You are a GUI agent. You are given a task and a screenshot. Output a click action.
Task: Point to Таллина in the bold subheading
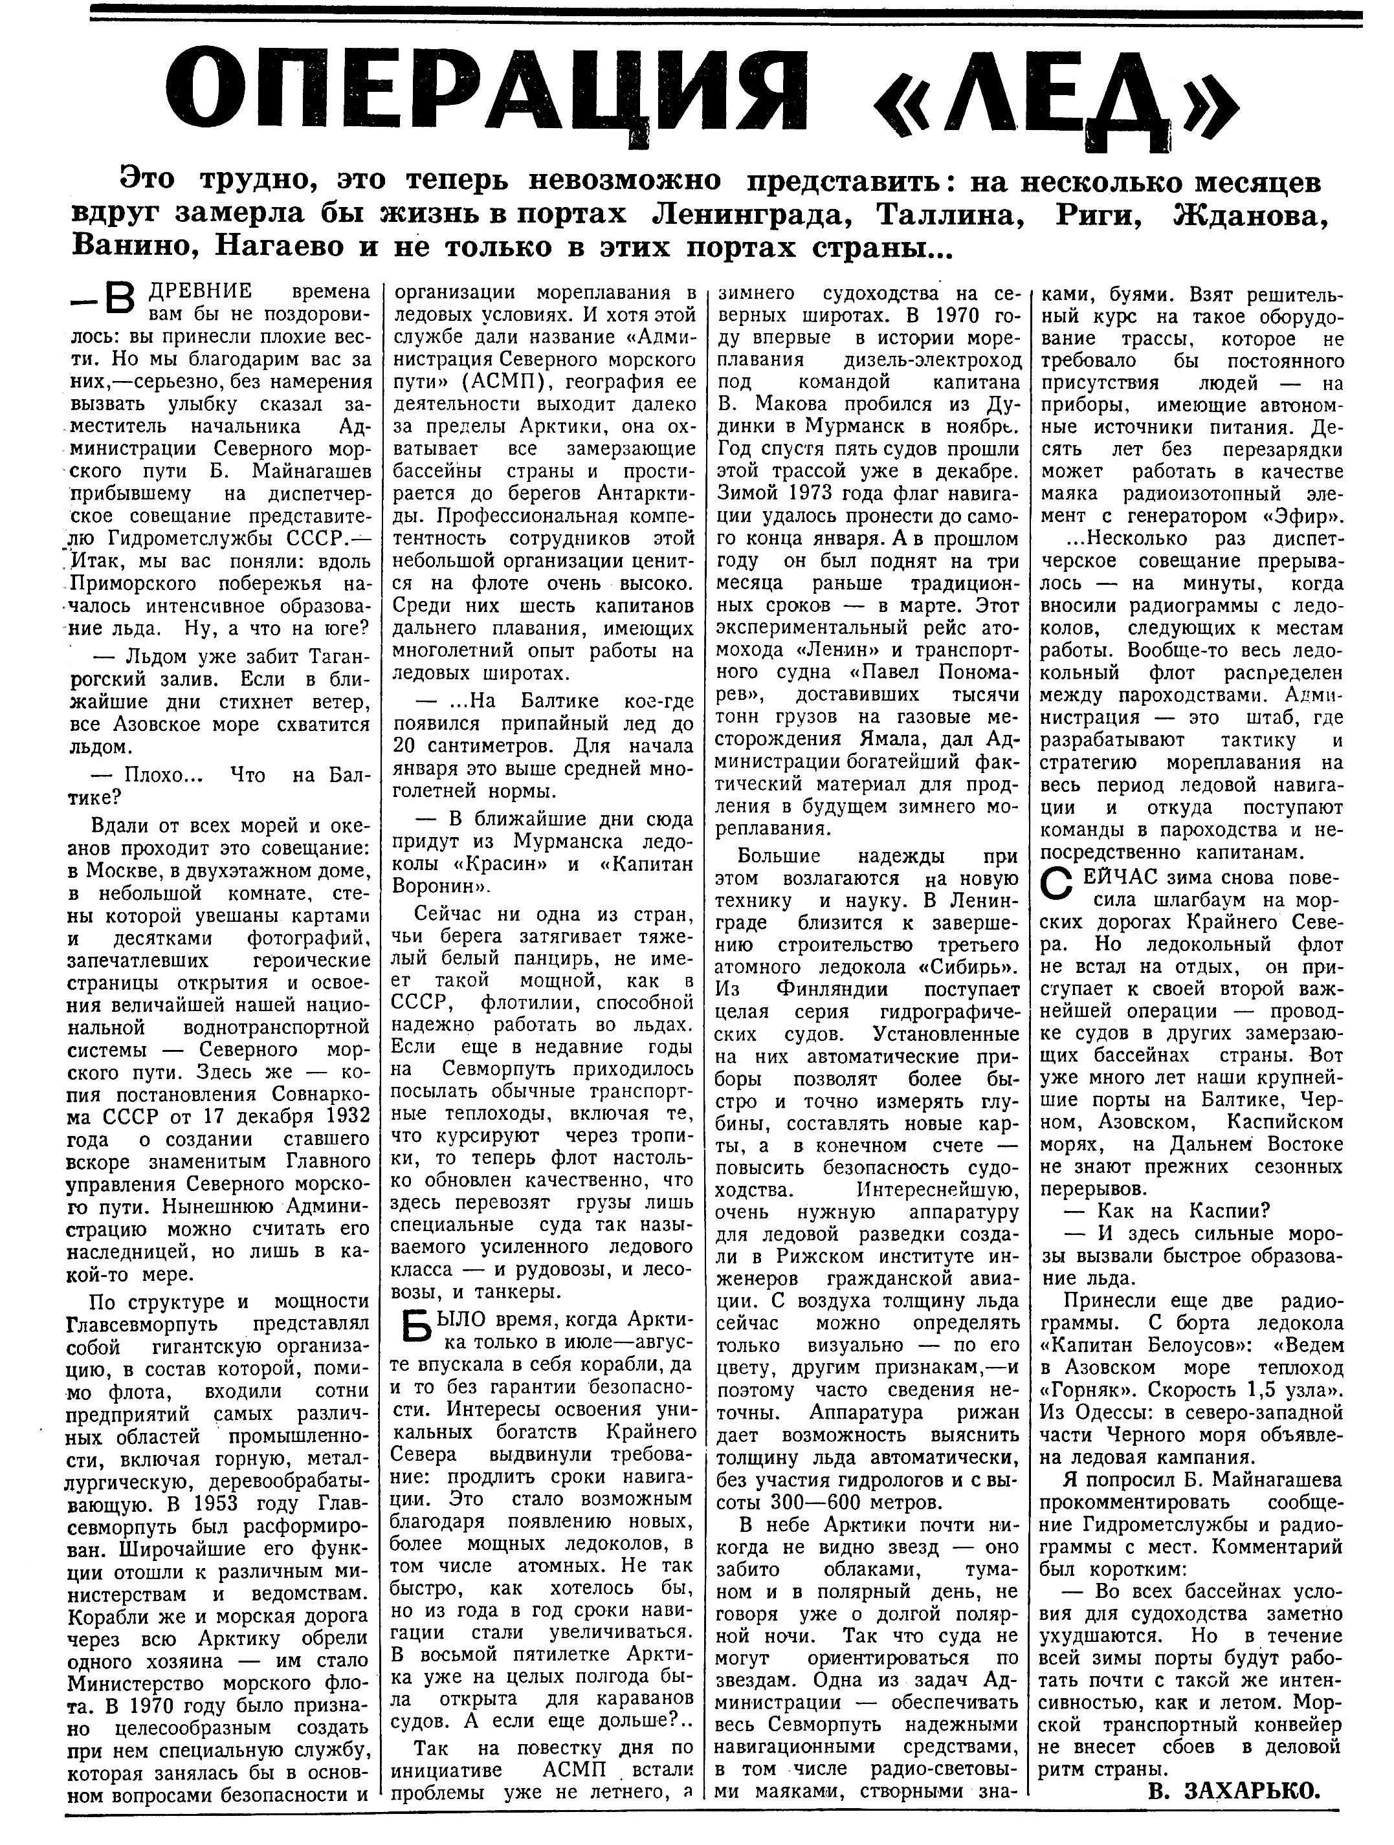949,214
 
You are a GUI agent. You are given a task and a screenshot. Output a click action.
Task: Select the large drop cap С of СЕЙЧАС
1056,885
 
